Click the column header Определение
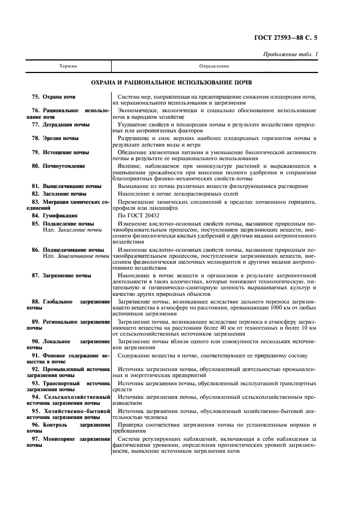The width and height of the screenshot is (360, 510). tap(214, 66)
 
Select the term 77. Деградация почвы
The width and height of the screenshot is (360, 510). tap(59, 125)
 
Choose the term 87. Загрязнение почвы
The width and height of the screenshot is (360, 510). tap(61, 276)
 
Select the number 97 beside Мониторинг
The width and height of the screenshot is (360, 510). tap(35, 439)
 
